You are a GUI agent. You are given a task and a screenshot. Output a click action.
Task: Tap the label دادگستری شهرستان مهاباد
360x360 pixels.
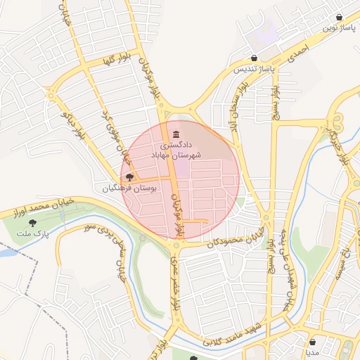pos(175,149)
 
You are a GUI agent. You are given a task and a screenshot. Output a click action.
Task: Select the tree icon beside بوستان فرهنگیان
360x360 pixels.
pos(129,178)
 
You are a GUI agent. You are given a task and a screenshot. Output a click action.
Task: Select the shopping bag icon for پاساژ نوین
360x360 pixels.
pos(340,17)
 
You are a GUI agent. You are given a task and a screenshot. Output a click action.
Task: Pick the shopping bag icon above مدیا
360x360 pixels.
pos(312,342)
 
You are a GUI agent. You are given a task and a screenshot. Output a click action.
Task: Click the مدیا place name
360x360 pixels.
pos(312,352)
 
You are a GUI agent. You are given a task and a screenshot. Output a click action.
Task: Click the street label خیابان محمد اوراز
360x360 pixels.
pos(36,209)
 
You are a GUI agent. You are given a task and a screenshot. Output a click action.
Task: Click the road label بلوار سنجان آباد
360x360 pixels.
pos(236,105)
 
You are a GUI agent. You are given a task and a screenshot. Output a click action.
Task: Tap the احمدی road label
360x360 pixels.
pos(298,52)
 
